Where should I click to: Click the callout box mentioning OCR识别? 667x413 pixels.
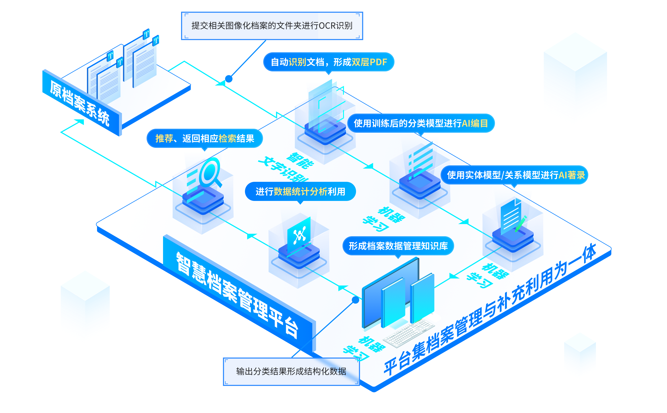coord(272,26)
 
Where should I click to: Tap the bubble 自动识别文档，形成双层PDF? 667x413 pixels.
coord(328,62)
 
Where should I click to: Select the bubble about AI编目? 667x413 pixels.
coord(421,123)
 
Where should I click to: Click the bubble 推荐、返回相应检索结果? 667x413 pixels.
coord(205,139)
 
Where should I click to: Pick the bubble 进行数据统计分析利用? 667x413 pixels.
coord(300,191)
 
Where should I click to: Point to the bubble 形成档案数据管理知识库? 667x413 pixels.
coord(398,246)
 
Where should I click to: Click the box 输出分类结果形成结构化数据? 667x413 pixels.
coord(291,372)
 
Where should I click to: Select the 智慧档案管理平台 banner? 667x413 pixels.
coord(237,295)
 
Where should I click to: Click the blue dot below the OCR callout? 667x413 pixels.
coord(229,79)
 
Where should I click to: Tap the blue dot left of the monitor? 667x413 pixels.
coord(356,300)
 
